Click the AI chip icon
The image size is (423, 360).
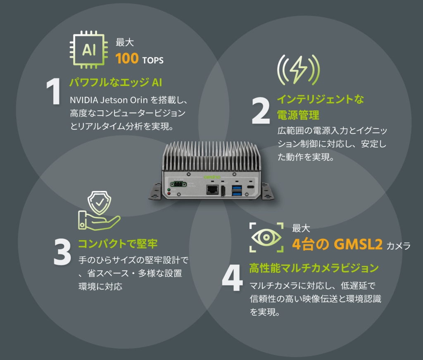tap(88, 50)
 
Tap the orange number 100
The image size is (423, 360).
tap(127, 59)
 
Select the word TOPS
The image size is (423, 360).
tap(153, 60)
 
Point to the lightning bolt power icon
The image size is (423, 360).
tap(298, 70)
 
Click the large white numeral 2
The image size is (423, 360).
tap(261, 111)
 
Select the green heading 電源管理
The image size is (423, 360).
tap(298, 115)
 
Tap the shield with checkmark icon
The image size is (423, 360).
tap(100, 203)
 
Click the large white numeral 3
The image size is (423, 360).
tap(62, 252)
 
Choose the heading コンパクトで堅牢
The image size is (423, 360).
tap(118, 244)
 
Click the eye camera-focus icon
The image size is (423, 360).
tap(266, 237)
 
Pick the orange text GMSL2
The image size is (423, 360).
tap(358, 244)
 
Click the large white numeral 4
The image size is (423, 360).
tap(232, 278)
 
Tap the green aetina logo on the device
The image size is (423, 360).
tap(212, 177)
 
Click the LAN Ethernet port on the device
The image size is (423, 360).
tap(212, 190)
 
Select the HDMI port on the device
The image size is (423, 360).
tap(223, 191)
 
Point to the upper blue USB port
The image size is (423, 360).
tap(237, 187)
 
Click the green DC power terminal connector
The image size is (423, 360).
tap(178, 184)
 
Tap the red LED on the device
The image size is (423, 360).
tap(169, 193)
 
